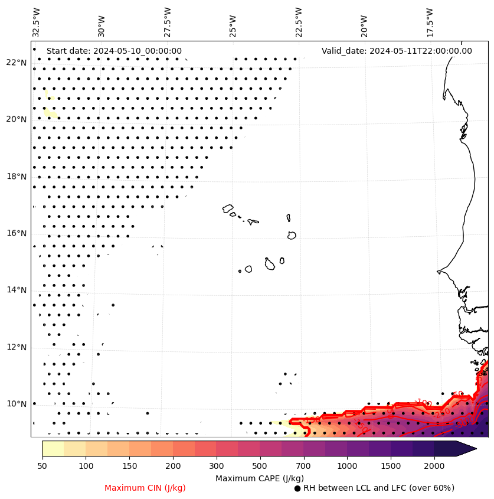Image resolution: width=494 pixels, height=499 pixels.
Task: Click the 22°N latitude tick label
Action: point(17,63)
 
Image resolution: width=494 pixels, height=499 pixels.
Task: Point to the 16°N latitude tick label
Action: point(17,233)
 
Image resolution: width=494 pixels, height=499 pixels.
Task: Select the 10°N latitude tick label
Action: point(17,404)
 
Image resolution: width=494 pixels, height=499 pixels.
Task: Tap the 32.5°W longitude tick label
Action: point(37,22)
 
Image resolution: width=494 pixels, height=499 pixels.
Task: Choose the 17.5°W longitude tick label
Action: point(429,22)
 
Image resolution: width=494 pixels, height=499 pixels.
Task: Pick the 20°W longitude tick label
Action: point(364,25)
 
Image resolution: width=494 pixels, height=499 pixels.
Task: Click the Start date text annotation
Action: point(114,51)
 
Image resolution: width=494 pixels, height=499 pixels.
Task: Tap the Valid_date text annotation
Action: point(397,51)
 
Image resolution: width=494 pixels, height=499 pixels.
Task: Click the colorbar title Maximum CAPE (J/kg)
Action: point(259,478)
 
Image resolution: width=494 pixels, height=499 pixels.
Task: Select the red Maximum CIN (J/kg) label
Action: point(145,488)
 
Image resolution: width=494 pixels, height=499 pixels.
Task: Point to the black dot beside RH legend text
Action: point(297,488)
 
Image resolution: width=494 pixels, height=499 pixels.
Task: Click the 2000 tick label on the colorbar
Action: point(434,467)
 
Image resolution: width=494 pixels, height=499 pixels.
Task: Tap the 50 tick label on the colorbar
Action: point(42,467)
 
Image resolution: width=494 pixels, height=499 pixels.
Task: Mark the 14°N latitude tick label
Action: point(17,290)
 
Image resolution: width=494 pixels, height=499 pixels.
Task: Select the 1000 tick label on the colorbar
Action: point(347,467)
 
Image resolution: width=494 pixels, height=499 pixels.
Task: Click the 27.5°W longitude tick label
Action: point(168,22)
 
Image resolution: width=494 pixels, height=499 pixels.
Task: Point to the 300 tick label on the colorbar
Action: point(217,467)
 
